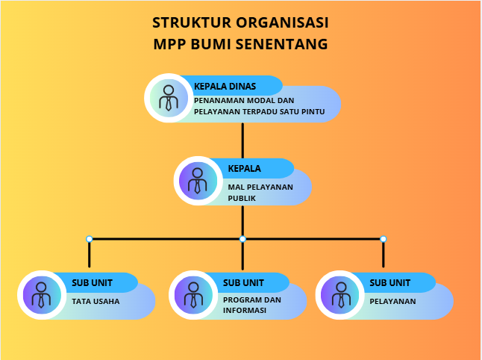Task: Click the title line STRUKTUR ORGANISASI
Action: point(240,22)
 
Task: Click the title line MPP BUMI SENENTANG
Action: point(240,44)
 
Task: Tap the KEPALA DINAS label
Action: point(225,86)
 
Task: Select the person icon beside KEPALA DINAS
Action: point(169,98)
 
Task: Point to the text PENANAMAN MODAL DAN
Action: point(244,100)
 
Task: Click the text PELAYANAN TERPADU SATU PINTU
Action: point(259,111)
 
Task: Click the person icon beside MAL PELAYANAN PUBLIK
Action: point(198,181)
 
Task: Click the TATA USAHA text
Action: point(96,302)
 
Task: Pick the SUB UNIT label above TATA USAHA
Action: point(92,283)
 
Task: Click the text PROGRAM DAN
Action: point(252,300)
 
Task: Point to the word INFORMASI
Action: point(245,310)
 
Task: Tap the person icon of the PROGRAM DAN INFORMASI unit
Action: point(193,294)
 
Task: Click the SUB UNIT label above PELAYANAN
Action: point(389,283)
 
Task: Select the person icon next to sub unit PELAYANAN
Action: point(340,294)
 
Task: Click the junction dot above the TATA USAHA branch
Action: point(90,239)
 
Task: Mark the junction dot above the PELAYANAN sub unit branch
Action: point(384,239)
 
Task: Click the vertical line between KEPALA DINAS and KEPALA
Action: point(243,140)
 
